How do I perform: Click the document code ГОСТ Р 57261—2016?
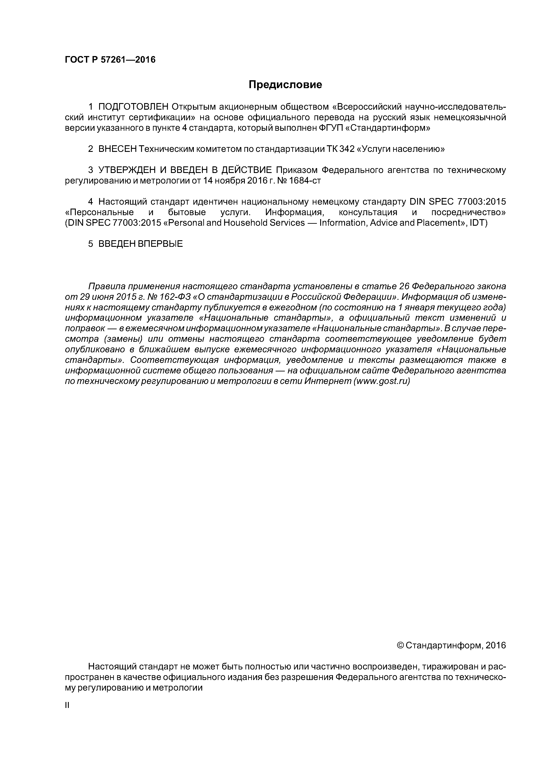coord(110,60)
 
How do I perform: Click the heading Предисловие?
coord(285,85)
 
